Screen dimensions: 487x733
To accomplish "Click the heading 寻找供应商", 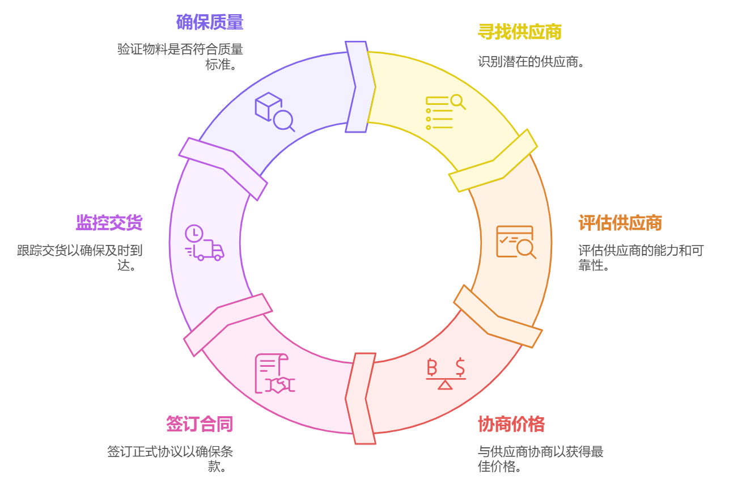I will [x=519, y=32].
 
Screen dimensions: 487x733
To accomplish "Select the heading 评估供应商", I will [x=620, y=223].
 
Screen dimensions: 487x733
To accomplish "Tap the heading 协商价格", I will [x=511, y=424].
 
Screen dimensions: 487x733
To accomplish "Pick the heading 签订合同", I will [x=199, y=424].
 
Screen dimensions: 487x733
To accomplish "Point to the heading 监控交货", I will [x=109, y=223].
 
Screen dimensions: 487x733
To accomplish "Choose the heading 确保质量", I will [x=209, y=23].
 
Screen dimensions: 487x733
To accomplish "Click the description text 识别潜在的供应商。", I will [x=531, y=61].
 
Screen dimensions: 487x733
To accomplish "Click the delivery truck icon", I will [x=208, y=250].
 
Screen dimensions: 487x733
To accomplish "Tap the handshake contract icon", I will [x=275, y=374].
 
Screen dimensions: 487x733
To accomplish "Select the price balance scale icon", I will [x=446, y=374].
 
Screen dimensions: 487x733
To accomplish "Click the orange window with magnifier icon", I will [x=515, y=242].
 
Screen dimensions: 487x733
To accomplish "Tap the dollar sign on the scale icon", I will [x=460, y=367].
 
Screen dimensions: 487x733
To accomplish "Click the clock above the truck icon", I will [x=194, y=233].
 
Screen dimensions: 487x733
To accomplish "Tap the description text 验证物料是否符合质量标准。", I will [x=180, y=56].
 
